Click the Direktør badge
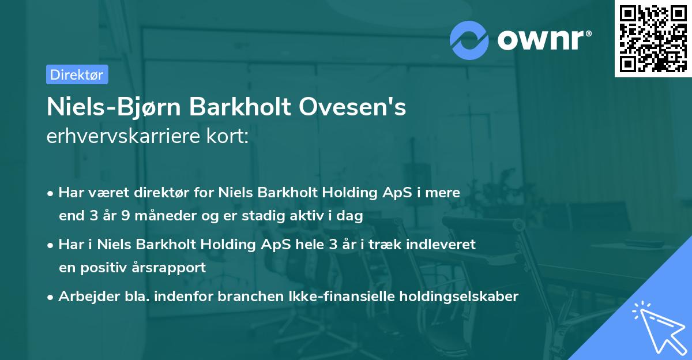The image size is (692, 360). click(x=77, y=74)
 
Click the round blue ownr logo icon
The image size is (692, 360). click(x=469, y=40)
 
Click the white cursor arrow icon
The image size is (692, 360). click(x=657, y=325)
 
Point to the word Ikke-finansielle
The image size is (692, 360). click(x=344, y=297)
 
